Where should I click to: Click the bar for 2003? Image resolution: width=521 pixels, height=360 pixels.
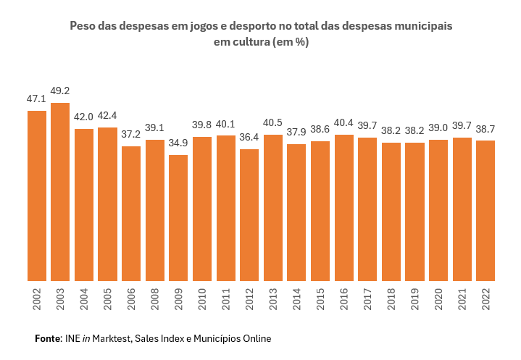[x=60, y=192]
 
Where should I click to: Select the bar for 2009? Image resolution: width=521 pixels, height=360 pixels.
[x=178, y=218]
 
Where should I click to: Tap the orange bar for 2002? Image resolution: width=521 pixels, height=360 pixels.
[x=37, y=196]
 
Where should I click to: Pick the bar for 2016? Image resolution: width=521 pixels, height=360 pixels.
[x=343, y=208]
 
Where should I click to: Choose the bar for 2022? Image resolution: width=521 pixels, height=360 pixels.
[x=485, y=211]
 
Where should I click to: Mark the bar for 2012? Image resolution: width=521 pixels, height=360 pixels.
[x=249, y=215]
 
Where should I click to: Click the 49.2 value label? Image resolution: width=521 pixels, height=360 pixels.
[x=60, y=92]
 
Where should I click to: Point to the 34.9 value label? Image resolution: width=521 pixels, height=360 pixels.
[x=178, y=143]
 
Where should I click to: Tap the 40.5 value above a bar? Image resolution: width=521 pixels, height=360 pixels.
[x=272, y=123]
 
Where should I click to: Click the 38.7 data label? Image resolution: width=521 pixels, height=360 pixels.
[x=485, y=129]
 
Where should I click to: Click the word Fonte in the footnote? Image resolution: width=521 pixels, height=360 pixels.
[x=48, y=338]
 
